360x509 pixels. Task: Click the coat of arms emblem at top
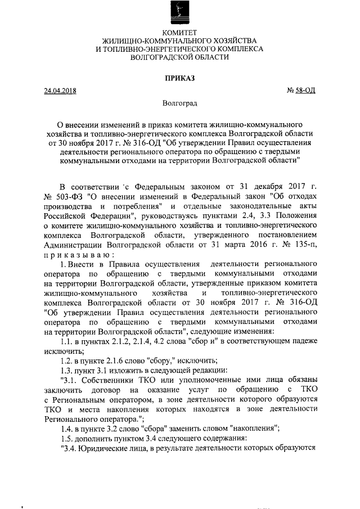pyautogui.click(x=178, y=14)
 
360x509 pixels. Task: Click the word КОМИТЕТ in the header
pyautogui.click(x=179, y=33)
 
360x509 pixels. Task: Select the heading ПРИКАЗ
pyautogui.click(x=179, y=78)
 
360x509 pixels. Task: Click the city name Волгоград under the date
pyautogui.click(x=179, y=103)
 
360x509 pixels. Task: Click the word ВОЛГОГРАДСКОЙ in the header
pyautogui.click(x=179, y=57)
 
